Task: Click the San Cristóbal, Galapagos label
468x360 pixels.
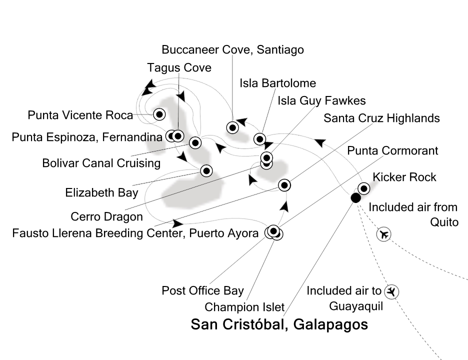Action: (279, 324)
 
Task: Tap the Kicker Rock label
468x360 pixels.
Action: (404, 177)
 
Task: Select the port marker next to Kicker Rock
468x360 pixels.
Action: (363, 188)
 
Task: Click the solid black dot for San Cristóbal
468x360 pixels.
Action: (355, 198)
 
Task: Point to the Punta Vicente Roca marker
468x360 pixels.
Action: (159, 114)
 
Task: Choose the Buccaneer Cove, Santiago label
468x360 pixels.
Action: (232, 49)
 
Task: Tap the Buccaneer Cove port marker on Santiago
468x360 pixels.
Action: (232, 127)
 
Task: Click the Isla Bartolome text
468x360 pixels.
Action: (277, 82)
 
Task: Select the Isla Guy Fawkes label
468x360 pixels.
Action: (321, 100)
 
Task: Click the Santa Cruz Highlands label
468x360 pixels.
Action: (381, 118)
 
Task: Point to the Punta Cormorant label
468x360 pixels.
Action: (392, 150)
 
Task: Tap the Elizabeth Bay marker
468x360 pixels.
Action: (206, 170)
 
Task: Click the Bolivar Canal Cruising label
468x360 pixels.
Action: (101, 163)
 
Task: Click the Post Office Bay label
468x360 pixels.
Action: (202, 290)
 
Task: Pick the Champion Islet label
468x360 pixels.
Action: (244, 307)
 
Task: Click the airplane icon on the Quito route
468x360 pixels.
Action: (384, 234)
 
